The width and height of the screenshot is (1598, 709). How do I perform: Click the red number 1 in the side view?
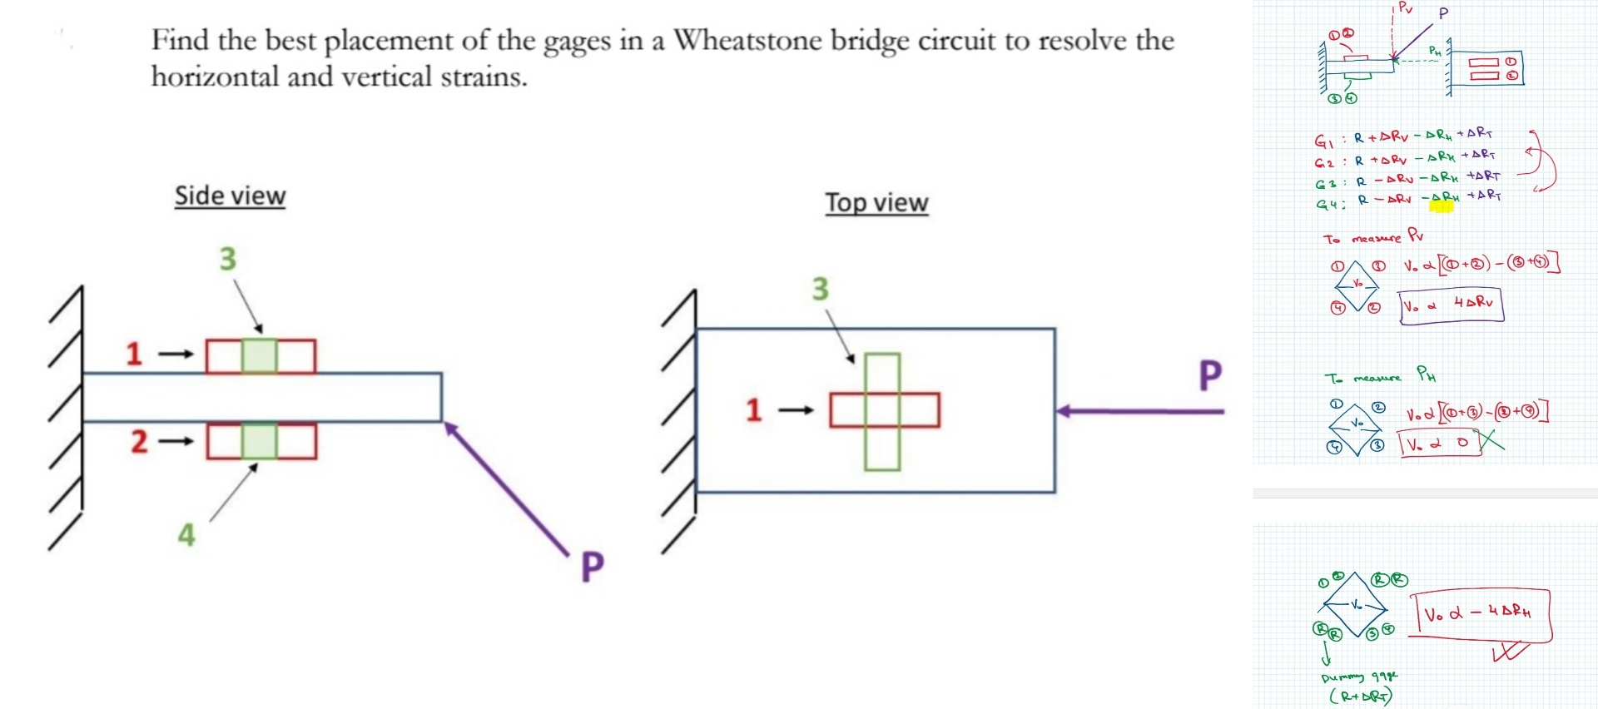coord(133,354)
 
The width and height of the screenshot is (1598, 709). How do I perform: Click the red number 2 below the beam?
coord(138,441)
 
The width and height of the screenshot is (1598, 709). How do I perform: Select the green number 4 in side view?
coord(186,535)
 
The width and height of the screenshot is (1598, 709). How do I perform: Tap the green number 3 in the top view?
coord(820,289)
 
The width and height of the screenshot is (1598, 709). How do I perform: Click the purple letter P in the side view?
coord(592,567)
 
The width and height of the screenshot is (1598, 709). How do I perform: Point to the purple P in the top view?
coord(1209,375)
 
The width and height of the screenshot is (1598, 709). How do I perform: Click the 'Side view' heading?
coord(230,196)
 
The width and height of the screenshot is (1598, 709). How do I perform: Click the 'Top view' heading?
coord(876,202)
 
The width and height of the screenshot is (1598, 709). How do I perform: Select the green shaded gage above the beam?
coord(260,356)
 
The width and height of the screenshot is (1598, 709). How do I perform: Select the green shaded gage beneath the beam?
coord(260,441)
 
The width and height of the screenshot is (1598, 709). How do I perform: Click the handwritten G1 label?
coord(1323,141)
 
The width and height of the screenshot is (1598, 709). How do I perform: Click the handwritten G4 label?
coord(1327,204)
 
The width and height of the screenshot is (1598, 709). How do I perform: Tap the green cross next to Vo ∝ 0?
coord(1490,439)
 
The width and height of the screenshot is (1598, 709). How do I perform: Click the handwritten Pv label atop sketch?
coord(1405,8)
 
